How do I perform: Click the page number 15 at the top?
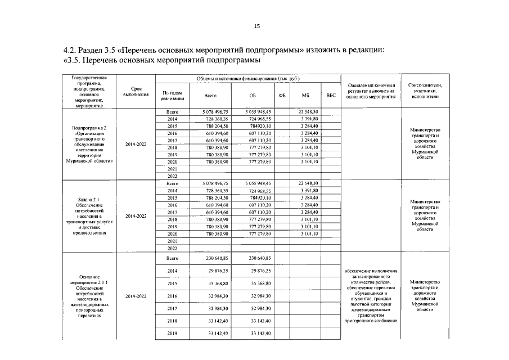point(256,26)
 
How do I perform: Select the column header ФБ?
point(282,96)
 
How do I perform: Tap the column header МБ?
point(306,96)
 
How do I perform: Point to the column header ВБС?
point(331,96)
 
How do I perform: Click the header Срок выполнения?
point(136,92)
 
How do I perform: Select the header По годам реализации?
point(172,96)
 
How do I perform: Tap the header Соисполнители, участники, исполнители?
point(425,91)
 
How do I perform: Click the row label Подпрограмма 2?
point(89,128)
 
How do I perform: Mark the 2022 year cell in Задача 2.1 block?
point(172,248)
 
